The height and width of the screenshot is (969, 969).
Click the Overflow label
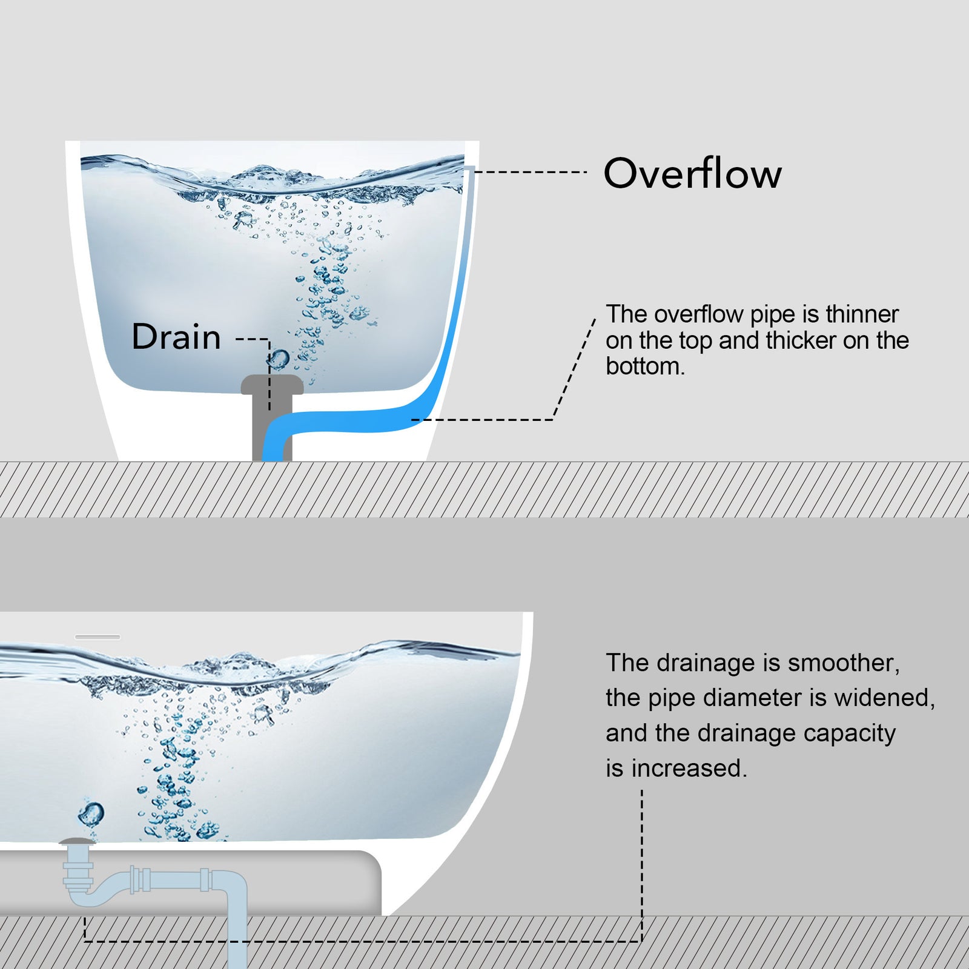point(692,174)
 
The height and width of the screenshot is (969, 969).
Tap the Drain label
point(176,337)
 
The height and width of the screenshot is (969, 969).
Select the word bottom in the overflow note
point(644,366)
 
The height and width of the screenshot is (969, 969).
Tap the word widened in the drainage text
point(884,698)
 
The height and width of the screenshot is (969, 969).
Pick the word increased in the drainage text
point(689,769)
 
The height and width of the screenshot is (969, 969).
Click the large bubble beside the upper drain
point(279,359)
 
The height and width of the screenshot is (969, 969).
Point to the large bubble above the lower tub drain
point(91,813)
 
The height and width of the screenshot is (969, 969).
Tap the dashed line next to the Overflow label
point(530,172)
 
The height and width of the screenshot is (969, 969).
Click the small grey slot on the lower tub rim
point(98,637)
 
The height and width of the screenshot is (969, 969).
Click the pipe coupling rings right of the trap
point(141,880)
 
